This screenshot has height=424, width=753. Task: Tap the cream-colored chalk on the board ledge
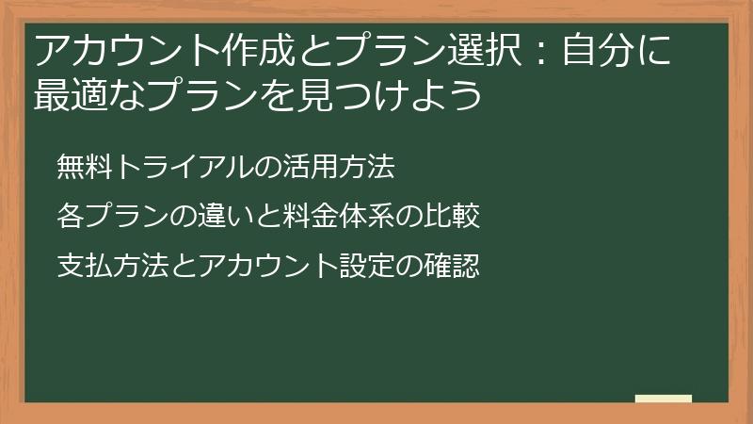pyautogui.click(x=664, y=399)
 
